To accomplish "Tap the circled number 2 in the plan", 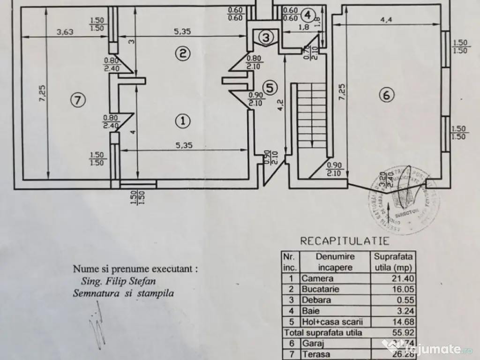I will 183,53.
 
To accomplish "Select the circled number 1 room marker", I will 183,121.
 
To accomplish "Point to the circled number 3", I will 265,37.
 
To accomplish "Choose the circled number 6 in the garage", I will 386,95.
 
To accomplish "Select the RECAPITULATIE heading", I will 345,241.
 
